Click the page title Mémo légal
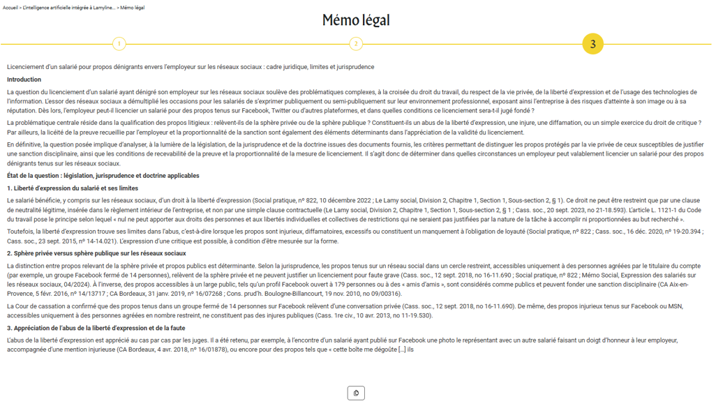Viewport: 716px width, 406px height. coord(356,20)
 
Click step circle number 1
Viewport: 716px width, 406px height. coord(119,44)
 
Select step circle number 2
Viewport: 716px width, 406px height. coord(356,44)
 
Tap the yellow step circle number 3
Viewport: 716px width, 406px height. coord(592,44)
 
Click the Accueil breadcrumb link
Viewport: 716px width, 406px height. coord(10,8)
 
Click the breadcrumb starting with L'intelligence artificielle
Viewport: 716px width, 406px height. coord(68,8)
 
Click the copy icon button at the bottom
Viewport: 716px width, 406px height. coord(356,393)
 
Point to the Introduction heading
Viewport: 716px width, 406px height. coord(24,80)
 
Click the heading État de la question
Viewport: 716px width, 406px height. coord(103,176)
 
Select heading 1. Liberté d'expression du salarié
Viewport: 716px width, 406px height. coord(73,188)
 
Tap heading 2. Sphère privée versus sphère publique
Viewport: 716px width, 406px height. coord(96,253)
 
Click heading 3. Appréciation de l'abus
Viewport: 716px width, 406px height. coord(96,328)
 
